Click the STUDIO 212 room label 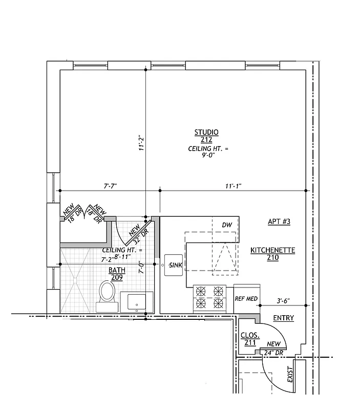coord(206,136)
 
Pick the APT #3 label coord(279,222)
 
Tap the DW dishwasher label coord(227,225)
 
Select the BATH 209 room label coord(117,274)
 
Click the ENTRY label coord(283,318)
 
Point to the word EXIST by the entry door coord(290,376)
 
